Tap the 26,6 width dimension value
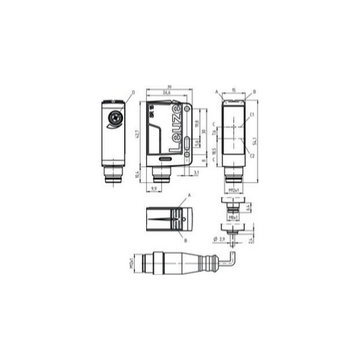[166, 93]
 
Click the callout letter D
[134, 91]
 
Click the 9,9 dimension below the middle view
[154, 189]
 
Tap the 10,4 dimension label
[138, 174]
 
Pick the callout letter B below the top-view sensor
[186, 240]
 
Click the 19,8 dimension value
[197, 124]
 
